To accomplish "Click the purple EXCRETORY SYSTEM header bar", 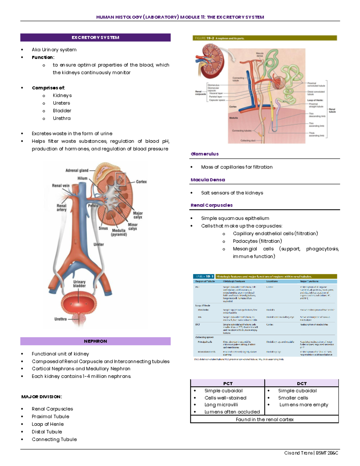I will point(95,38).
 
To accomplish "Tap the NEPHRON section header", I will point(95,341).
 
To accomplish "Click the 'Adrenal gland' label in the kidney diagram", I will point(77,170).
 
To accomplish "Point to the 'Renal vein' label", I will point(61,185).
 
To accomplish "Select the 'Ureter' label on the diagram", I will point(98,244).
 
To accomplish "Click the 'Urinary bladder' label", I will point(79,284).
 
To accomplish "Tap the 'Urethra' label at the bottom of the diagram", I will point(60,319).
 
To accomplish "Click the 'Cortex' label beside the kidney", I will point(141,182).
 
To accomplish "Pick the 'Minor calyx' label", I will point(133,227).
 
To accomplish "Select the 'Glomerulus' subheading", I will point(205,154).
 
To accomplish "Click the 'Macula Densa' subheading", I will point(208,180).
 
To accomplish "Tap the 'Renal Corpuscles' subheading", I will point(211,205).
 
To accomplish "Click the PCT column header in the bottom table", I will point(228,383).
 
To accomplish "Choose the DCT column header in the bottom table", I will point(301,383).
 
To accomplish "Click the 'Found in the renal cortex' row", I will point(264,419).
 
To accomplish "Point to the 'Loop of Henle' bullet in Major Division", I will point(48,424).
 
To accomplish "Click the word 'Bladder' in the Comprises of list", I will point(62,110).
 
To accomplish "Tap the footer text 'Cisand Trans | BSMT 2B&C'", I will point(311,453).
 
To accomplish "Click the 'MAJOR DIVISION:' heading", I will point(41,397).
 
